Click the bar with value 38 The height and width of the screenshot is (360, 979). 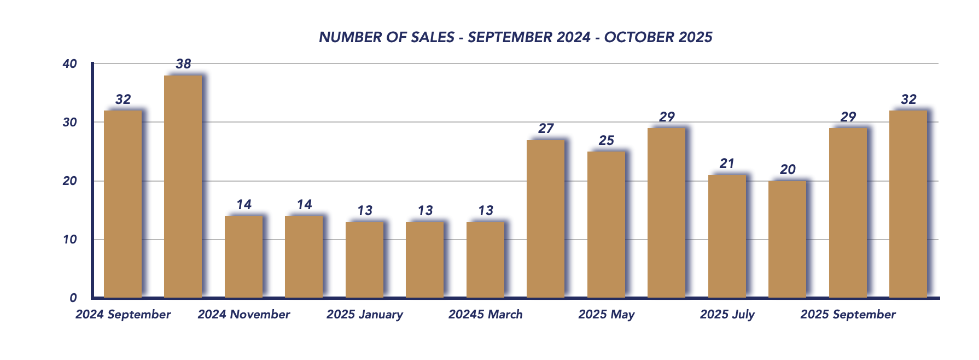click(x=183, y=187)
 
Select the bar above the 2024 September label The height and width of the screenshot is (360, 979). click(x=123, y=204)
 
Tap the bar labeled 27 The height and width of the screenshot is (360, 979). click(x=546, y=219)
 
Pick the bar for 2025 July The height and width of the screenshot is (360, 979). click(x=727, y=236)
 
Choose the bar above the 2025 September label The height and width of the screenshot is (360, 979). click(x=848, y=213)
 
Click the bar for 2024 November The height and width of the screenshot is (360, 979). click(x=244, y=257)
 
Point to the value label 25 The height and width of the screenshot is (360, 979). click(x=606, y=141)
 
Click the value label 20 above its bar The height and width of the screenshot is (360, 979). click(x=788, y=170)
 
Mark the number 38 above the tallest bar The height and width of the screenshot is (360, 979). click(x=183, y=64)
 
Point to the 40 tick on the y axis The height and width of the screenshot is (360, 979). click(x=69, y=64)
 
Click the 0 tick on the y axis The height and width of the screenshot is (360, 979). click(x=73, y=298)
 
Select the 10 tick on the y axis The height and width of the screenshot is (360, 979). click(x=69, y=240)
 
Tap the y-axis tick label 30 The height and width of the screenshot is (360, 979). click(x=69, y=123)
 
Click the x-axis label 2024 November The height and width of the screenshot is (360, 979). click(x=244, y=315)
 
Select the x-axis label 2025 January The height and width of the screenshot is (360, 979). click(x=365, y=315)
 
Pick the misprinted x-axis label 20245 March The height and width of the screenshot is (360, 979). click(x=486, y=315)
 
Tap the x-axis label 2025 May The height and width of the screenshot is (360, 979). click(x=606, y=315)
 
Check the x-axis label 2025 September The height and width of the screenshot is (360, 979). click(x=848, y=315)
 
